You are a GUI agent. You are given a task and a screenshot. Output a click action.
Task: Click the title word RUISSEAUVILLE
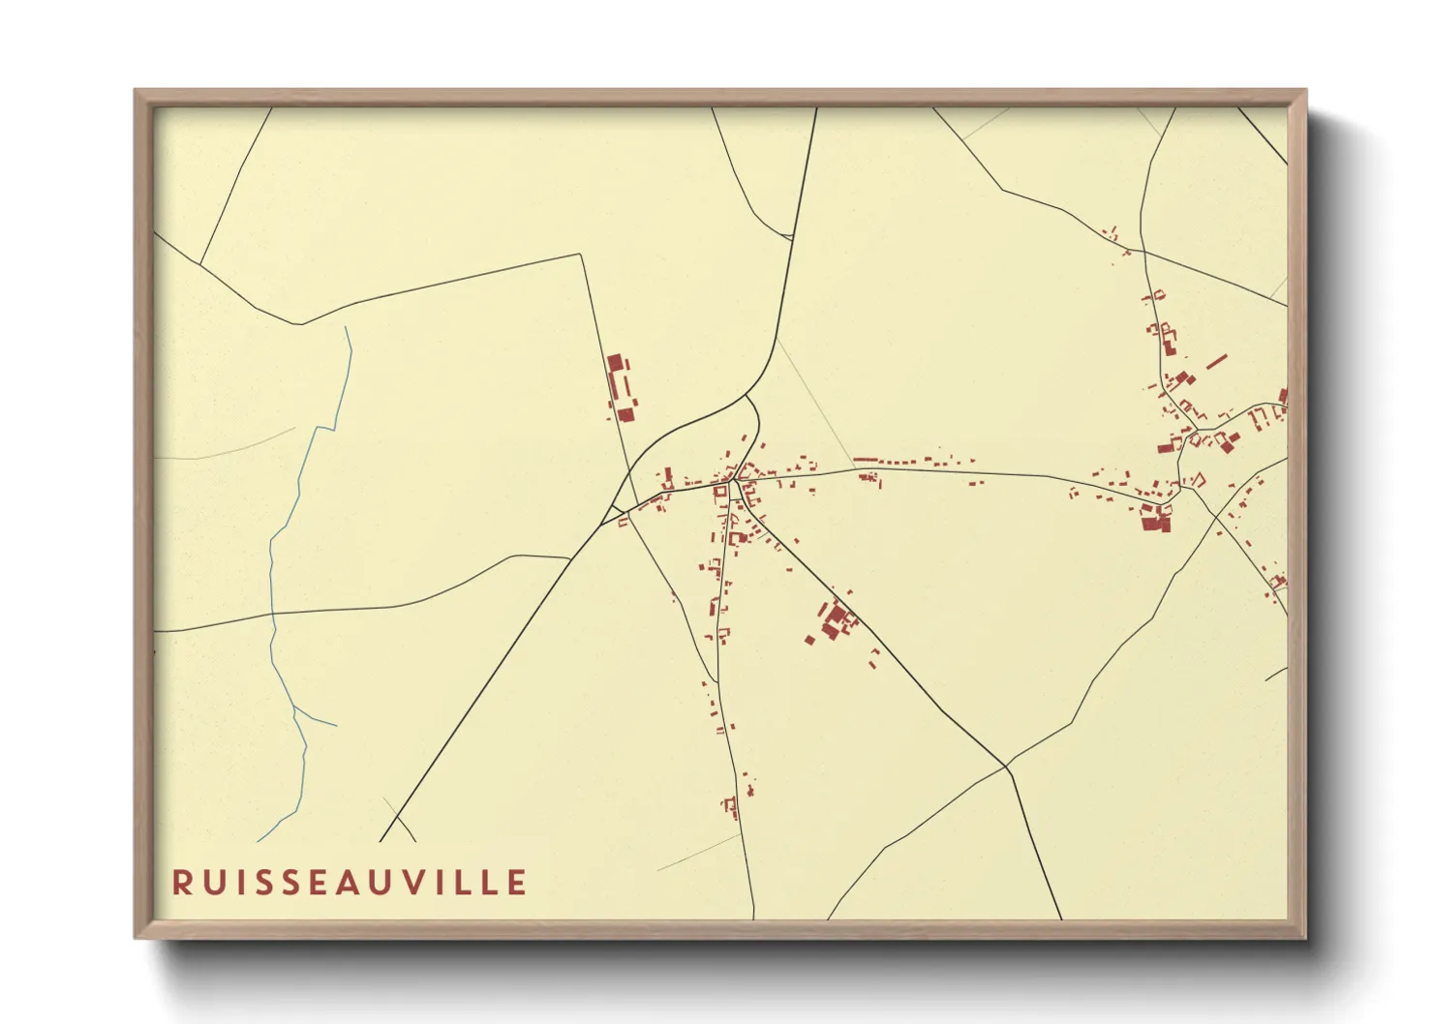[350, 883]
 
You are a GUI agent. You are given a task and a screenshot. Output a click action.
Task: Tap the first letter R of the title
[181, 883]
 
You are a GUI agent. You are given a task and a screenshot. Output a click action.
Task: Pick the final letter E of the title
[518, 883]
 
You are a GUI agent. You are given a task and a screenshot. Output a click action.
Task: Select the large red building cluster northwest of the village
[621, 387]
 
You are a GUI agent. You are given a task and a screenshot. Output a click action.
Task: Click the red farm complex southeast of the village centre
[835, 619]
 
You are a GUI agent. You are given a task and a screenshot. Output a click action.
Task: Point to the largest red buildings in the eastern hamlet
[1155, 520]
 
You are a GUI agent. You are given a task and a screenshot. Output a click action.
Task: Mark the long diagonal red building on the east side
[1216, 362]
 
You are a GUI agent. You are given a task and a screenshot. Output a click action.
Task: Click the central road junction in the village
[735, 479]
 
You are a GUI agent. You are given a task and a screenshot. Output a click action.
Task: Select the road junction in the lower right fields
[1006, 768]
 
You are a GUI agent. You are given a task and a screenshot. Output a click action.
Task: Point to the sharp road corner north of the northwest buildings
[580, 255]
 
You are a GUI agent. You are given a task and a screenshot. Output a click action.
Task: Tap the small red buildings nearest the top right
[1112, 233]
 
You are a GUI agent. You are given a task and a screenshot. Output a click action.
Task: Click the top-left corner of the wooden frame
[136, 91]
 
